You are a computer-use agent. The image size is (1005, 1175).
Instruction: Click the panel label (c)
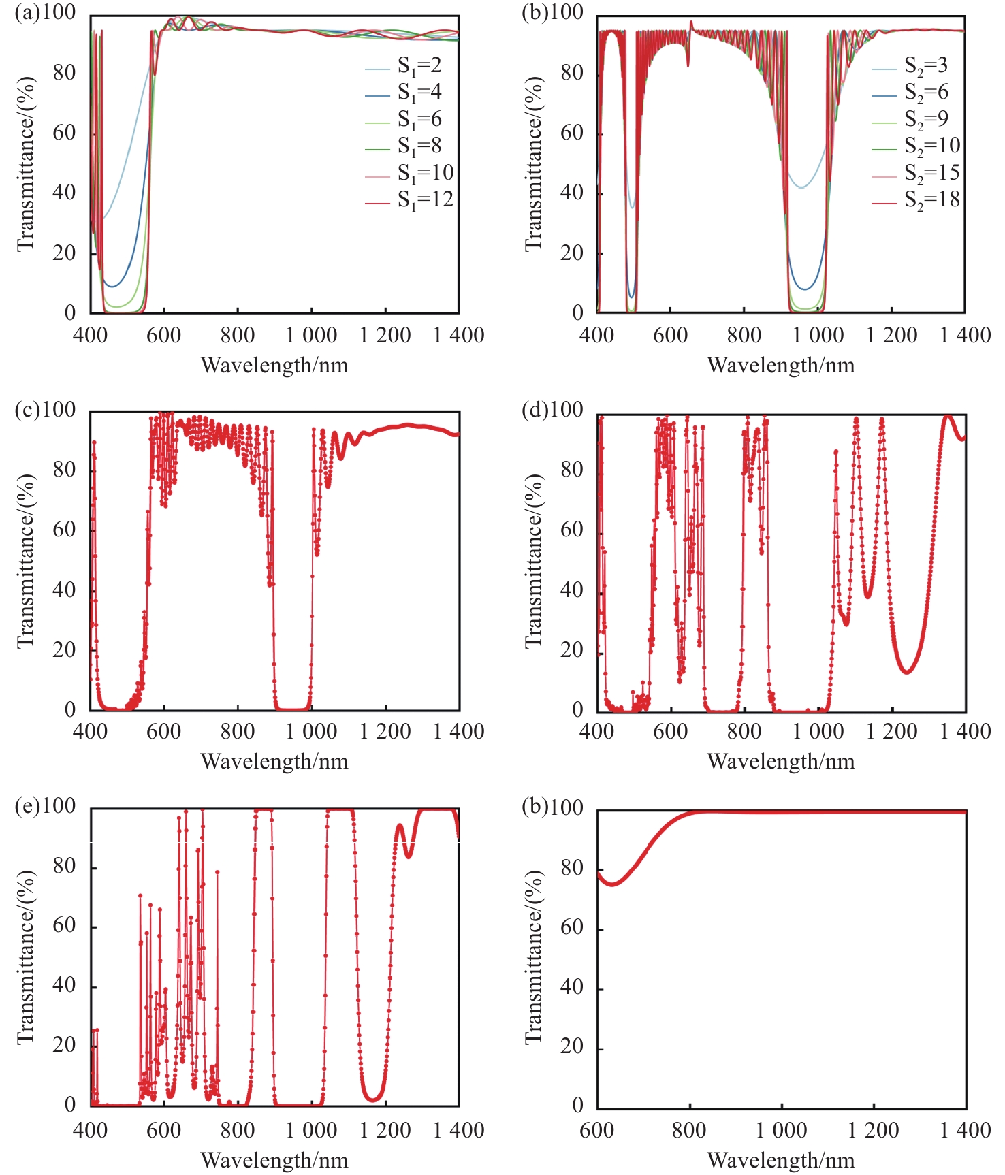click(x=27, y=410)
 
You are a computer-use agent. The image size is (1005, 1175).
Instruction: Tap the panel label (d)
click(x=535, y=410)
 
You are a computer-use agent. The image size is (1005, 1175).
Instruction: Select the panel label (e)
click(x=27, y=806)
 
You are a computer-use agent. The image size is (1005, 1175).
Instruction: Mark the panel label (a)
click(x=27, y=13)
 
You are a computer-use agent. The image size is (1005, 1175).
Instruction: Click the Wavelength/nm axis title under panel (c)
click(x=274, y=761)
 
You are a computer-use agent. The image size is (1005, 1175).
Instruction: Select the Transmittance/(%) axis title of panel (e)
click(x=25, y=957)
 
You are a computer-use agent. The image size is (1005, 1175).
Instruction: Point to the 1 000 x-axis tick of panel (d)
click(x=818, y=732)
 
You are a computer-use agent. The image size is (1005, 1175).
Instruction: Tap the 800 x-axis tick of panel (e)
click(x=238, y=1131)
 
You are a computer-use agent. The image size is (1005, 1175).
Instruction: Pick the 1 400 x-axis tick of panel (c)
click(x=459, y=732)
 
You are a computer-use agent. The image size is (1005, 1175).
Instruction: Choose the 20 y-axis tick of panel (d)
click(x=571, y=650)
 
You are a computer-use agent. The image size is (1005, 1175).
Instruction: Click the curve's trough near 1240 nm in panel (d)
click(x=906, y=672)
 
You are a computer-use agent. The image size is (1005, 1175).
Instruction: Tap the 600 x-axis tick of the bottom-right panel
click(x=597, y=1131)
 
